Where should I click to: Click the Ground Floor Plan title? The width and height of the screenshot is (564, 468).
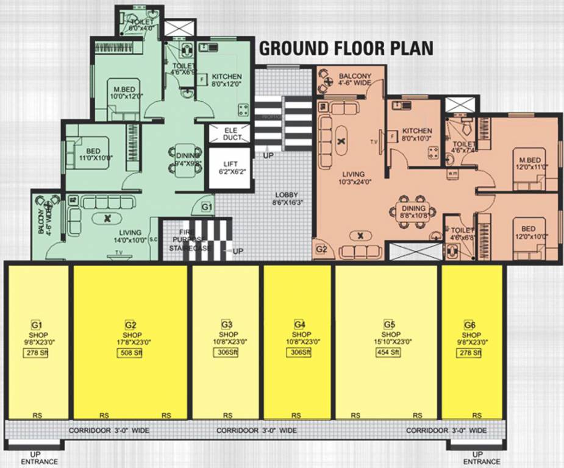[346, 49]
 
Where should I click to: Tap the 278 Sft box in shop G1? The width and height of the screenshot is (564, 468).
[36, 354]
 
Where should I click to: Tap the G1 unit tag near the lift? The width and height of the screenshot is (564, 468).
[207, 208]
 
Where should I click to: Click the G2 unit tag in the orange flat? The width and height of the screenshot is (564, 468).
[322, 249]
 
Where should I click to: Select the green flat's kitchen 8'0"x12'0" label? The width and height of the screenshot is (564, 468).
[226, 80]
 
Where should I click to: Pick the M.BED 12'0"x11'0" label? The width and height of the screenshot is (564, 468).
[529, 163]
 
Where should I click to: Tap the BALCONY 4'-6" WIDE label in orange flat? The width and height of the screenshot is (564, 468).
[351, 80]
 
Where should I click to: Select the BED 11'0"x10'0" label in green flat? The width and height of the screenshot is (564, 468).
[95, 155]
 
